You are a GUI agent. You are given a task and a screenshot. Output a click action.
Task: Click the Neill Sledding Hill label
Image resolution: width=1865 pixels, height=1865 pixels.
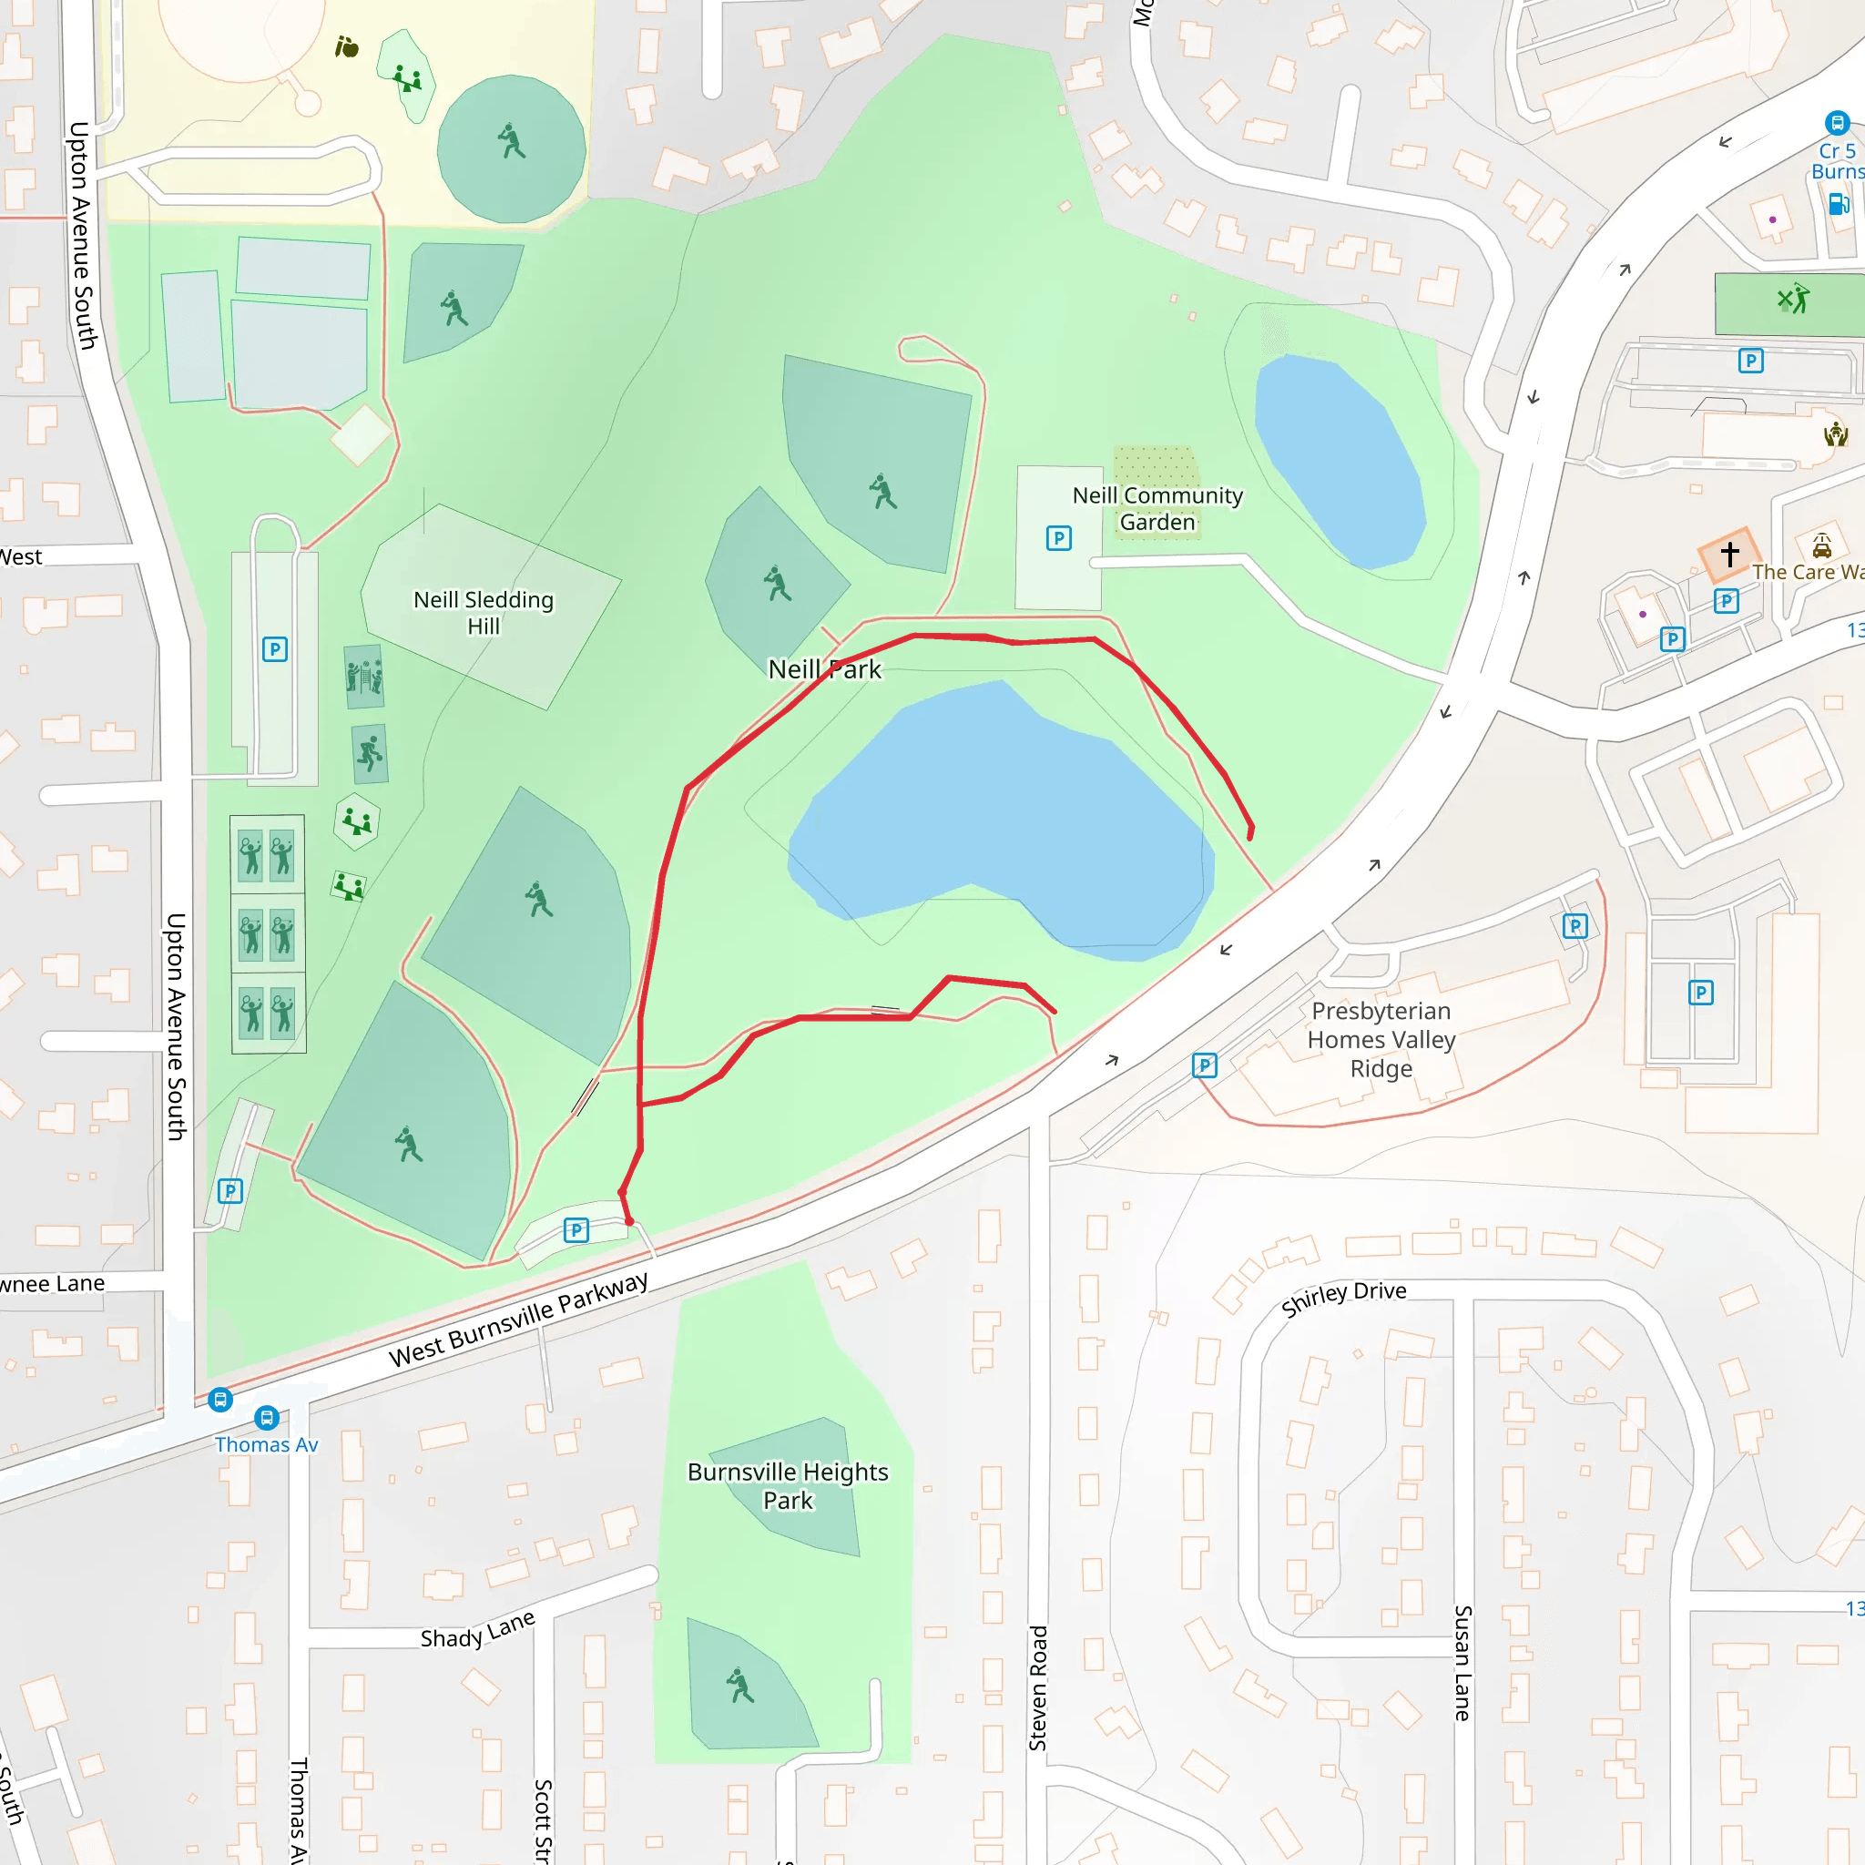click(x=484, y=613)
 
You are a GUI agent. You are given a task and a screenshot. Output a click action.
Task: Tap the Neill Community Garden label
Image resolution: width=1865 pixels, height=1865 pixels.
click(x=1157, y=509)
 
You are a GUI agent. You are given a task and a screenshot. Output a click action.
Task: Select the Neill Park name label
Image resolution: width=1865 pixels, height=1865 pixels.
click(x=824, y=669)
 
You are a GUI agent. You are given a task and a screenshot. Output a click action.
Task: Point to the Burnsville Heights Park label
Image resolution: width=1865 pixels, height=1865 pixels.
click(x=788, y=1485)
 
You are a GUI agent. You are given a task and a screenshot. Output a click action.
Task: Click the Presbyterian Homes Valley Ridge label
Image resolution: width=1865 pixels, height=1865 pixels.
click(x=1381, y=1039)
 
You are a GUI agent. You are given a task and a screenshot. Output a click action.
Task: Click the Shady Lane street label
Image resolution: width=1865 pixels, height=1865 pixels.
click(x=477, y=1629)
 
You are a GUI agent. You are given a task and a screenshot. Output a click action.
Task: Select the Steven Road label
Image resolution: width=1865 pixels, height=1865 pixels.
click(x=1038, y=1688)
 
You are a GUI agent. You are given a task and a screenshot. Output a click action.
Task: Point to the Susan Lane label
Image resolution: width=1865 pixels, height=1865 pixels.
click(x=1462, y=1662)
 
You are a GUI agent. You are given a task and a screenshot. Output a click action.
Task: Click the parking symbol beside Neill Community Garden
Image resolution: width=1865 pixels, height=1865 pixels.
click(x=1058, y=539)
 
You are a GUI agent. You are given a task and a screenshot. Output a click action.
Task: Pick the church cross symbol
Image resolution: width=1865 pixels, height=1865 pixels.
click(x=1729, y=554)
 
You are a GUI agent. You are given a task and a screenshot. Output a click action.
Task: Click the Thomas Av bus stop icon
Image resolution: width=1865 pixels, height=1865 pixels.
click(x=267, y=1417)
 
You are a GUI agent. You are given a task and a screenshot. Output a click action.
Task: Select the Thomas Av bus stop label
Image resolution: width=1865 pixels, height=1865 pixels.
click(x=267, y=1445)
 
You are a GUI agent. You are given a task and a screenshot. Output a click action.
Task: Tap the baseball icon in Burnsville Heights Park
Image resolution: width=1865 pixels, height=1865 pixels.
click(x=740, y=1686)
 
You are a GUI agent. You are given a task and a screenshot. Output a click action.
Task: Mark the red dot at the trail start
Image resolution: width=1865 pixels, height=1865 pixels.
click(x=629, y=1221)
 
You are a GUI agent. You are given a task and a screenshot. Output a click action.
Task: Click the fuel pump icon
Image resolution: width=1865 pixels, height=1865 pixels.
click(x=1838, y=204)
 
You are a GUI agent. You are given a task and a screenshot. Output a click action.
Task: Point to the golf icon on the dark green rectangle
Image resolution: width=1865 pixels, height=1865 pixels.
click(x=1792, y=300)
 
